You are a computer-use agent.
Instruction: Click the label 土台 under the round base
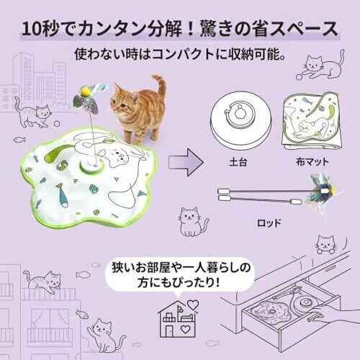pos(238,163)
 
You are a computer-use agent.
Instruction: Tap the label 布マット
pos(312,162)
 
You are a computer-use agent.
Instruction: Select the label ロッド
pos(269,223)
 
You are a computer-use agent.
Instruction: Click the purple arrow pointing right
pos(186,163)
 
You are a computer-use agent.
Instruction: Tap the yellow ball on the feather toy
pos(86,91)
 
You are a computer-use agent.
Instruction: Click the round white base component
pos(241,120)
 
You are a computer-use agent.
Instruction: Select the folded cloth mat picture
pos(312,120)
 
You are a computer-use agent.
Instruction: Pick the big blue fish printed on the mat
pos(61,194)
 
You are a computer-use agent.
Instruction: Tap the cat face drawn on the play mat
pos(116,156)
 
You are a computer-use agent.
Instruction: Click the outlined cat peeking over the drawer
pos(326,244)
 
